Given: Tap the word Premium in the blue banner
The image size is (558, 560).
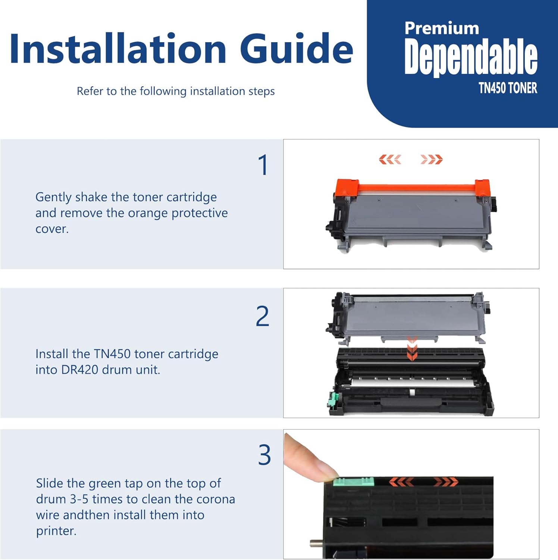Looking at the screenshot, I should (442, 29).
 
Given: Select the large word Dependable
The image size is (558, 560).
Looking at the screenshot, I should (471, 56).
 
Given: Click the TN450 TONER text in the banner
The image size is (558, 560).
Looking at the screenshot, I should (508, 88).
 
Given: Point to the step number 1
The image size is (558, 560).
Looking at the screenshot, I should (263, 165).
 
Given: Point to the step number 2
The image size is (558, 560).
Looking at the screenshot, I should (263, 316).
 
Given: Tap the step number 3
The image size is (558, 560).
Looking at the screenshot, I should (264, 455).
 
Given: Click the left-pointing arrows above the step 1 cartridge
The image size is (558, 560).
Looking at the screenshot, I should (390, 160).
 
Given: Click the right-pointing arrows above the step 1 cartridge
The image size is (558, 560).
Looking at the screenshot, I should (432, 160).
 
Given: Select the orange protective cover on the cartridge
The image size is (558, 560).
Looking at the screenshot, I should (412, 187).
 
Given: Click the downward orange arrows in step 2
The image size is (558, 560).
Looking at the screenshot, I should (412, 349).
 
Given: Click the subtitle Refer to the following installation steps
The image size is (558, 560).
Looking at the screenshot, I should (175, 91).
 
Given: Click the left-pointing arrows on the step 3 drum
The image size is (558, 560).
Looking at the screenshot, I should (401, 482).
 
